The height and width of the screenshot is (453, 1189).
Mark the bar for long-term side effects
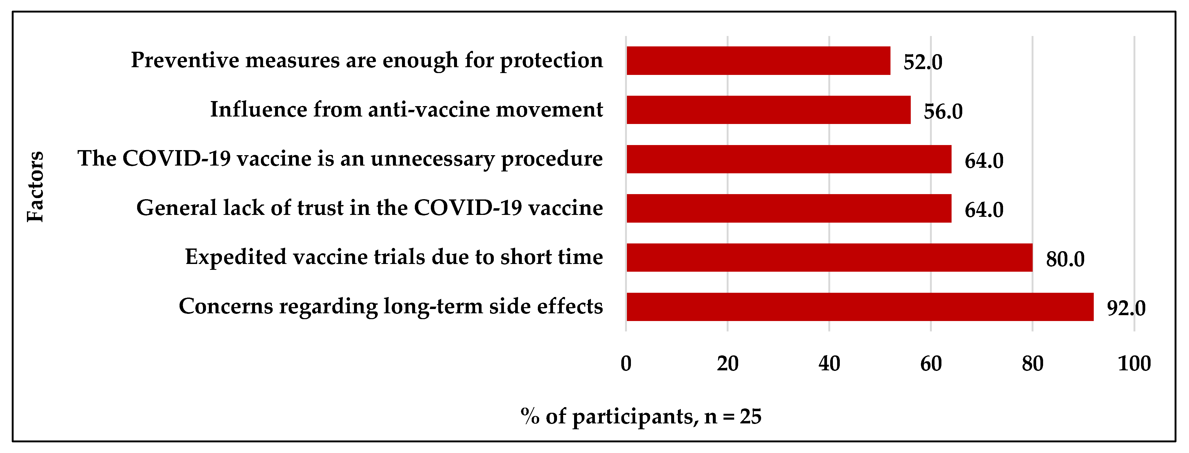pos(860,307)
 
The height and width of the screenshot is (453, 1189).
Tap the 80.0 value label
pos(1065,259)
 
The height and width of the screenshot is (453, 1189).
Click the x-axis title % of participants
pos(641,416)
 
